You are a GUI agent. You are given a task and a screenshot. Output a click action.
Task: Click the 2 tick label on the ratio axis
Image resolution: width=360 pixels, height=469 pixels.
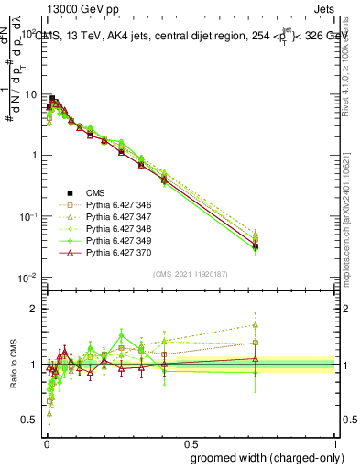(35, 309)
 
